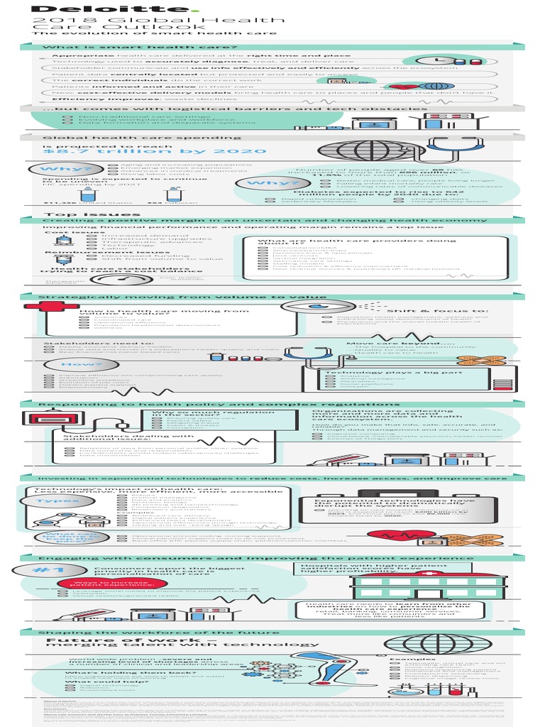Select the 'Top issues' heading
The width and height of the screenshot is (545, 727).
click(72, 214)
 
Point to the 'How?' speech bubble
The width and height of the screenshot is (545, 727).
click(62, 363)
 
